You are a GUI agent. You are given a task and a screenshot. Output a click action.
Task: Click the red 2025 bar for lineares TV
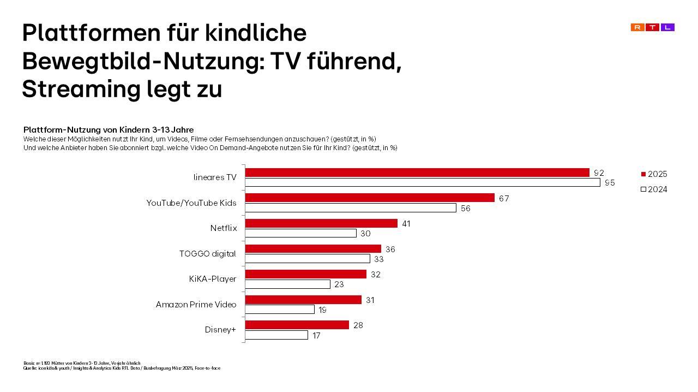tap(417, 173)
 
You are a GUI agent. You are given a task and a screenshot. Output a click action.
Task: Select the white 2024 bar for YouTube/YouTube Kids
tap(351, 208)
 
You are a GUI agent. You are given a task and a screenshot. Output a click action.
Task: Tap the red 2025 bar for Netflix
tap(321, 223)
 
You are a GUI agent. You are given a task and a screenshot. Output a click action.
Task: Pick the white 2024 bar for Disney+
tap(276, 335)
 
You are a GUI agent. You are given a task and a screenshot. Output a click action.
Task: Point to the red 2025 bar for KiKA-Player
tap(306, 274)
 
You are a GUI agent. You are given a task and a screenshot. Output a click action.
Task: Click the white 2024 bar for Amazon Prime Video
tap(280, 310)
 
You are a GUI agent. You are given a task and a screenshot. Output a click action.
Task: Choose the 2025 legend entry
tap(654, 174)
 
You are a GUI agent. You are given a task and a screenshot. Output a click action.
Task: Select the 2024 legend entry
tap(654, 189)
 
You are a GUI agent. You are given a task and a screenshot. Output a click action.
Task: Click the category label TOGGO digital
tap(208, 253)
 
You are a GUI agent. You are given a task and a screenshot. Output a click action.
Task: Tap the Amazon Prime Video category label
tap(196, 304)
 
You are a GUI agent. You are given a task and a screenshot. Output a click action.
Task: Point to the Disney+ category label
tap(220, 329)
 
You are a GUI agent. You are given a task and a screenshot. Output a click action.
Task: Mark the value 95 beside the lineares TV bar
tap(609, 183)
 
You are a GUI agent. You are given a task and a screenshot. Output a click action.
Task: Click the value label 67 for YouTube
tap(504, 198)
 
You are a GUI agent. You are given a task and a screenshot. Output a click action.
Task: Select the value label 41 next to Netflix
tap(406, 223)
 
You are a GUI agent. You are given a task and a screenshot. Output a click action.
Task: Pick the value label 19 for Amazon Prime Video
tap(322, 310)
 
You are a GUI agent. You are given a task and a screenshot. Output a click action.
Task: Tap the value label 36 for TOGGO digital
tap(390, 249)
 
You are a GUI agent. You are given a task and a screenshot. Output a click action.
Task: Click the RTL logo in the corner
tap(652, 27)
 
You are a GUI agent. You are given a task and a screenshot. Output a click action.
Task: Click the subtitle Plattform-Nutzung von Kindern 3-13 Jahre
tap(109, 130)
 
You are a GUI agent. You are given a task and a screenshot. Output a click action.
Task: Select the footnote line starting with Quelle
tap(122, 368)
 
